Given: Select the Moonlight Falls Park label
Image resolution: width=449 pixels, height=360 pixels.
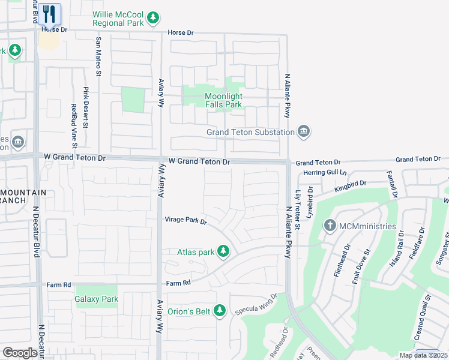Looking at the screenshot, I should pyautogui.click(x=223, y=100).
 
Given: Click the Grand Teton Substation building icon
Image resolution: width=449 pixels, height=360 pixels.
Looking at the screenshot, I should pyautogui.click(x=304, y=131).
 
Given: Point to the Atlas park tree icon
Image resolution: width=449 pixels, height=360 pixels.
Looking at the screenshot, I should pyautogui.click(x=223, y=251).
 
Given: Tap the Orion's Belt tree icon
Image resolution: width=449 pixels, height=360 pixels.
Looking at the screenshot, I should pyautogui.click(x=220, y=310).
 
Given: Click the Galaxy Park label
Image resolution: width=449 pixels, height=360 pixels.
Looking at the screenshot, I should pyautogui.click(x=97, y=299).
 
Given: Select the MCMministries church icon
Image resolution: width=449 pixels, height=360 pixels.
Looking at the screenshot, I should pyautogui.click(x=330, y=226).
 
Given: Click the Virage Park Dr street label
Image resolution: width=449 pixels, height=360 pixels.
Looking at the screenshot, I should pyautogui.click(x=185, y=221).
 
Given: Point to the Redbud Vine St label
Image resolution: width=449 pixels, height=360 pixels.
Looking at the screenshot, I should pyautogui.click(x=74, y=125).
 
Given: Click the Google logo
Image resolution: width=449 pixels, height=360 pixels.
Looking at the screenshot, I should pyautogui.click(x=20, y=353).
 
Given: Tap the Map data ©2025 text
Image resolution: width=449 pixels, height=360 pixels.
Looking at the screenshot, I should pyautogui.click(x=422, y=355).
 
